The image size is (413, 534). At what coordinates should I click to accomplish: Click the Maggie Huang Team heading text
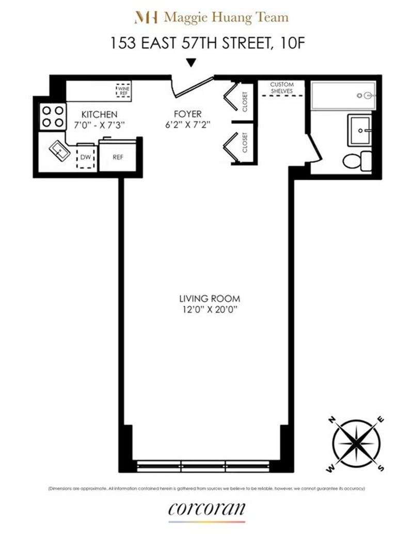(x=226, y=18)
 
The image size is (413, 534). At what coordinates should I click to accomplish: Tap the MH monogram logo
(x=146, y=18)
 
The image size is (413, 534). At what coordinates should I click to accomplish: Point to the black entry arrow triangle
(x=192, y=63)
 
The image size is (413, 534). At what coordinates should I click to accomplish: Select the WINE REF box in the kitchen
(x=123, y=91)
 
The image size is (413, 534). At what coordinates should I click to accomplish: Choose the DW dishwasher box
(x=86, y=157)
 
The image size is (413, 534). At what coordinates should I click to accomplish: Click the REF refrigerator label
(x=118, y=157)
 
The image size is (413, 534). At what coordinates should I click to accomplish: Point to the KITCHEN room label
(x=100, y=114)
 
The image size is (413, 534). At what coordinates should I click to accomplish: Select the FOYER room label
(x=188, y=114)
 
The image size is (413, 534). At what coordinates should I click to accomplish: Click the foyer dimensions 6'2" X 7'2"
(x=188, y=124)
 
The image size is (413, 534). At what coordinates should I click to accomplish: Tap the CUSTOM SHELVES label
(x=282, y=88)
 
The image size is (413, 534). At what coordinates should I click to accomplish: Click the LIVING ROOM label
(x=210, y=299)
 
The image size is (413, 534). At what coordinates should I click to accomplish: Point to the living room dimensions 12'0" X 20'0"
(x=210, y=309)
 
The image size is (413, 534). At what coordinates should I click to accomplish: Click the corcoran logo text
(x=206, y=509)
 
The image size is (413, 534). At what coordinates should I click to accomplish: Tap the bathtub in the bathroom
(x=343, y=95)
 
